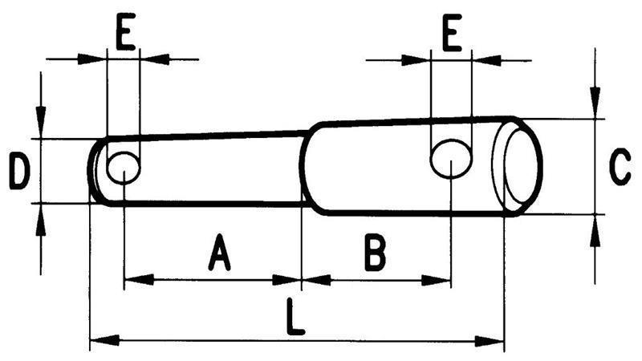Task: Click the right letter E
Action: (451, 36)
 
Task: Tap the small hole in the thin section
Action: (123, 168)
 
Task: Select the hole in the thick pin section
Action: (450, 158)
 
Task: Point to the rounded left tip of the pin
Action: (91, 170)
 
